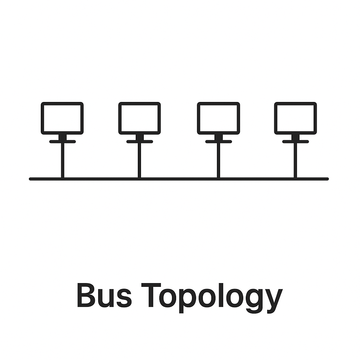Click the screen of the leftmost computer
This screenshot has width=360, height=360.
coord(62,118)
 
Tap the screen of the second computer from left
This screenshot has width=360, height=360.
coord(140,118)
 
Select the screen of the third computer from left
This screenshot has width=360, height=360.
coord(218,118)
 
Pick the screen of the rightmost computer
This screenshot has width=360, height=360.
coord(295,118)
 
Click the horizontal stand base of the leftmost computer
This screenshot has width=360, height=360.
coord(62,142)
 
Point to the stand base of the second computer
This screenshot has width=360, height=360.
coord(140,142)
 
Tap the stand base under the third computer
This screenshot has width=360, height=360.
coord(218,142)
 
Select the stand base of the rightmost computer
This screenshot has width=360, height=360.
coord(295,142)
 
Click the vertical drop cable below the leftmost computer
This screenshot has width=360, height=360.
coord(62,160)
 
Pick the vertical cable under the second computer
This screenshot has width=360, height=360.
coord(140,160)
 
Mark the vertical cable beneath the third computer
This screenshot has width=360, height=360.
coord(218,160)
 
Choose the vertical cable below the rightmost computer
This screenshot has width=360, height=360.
coord(295,160)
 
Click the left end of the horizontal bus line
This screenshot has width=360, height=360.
coord(31,179)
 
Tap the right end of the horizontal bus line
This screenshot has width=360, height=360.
coord(327,179)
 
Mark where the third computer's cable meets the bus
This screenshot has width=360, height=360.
coord(218,179)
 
